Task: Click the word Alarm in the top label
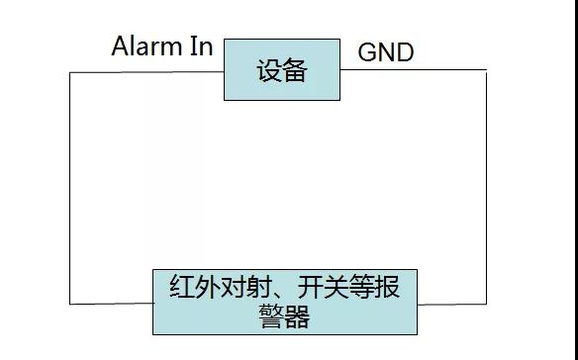tap(146, 46)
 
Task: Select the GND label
tap(385, 52)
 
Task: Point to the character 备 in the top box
tap(295, 71)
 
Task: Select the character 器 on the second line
tap(296, 316)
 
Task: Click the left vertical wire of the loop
tap(69, 188)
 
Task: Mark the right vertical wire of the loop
tap(486, 188)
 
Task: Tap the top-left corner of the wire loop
tap(69, 72)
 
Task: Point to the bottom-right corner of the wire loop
tap(486, 303)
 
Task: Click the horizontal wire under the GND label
tap(416, 71)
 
